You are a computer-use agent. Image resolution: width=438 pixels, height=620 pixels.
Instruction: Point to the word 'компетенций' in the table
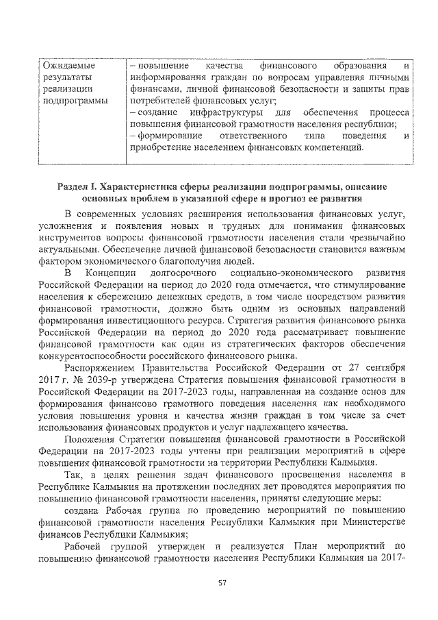[328, 147]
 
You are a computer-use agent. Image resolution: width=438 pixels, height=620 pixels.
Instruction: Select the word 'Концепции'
[112, 274]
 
